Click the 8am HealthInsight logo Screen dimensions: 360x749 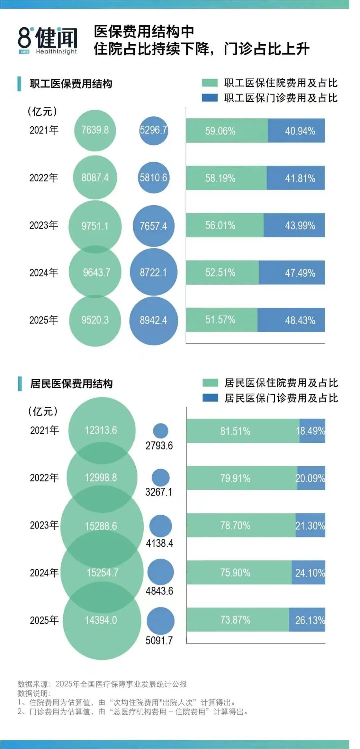click(x=48, y=40)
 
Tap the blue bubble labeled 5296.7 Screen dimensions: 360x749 click(x=153, y=130)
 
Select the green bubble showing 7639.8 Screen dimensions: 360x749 click(x=95, y=130)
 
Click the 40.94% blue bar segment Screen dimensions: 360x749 click(x=296, y=130)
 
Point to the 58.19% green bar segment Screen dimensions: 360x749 click(x=226, y=178)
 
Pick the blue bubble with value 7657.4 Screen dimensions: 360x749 click(x=153, y=226)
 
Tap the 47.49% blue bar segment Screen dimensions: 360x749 click(x=292, y=273)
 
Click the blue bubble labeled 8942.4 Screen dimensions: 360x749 click(x=153, y=320)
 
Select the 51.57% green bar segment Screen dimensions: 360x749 click(x=222, y=320)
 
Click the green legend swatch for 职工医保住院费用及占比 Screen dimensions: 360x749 click(x=210, y=83)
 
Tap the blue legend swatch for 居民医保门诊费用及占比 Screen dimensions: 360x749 click(x=210, y=398)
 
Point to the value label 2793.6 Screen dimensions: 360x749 click(x=159, y=445)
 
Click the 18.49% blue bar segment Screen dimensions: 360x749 click(x=312, y=431)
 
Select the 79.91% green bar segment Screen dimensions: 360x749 click(x=242, y=478)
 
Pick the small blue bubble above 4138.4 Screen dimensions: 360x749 click(x=160, y=526)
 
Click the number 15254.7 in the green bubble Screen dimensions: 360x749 click(x=103, y=572)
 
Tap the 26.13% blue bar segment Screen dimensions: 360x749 click(x=307, y=620)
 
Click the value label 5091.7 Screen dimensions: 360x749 click(x=159, y=640)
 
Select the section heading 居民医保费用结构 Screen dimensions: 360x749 click(x=71, y=383)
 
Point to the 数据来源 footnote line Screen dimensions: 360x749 click(x=102, y=684)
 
